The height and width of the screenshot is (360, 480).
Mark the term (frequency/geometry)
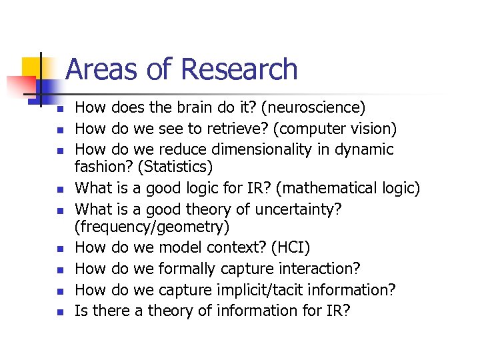pyautogui.click(x=152, y=227)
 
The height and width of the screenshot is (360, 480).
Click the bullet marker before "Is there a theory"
pyautogui.click(x=59, y=311)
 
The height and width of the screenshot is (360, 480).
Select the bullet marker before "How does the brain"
pyautogui.click(x=59, y=109)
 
